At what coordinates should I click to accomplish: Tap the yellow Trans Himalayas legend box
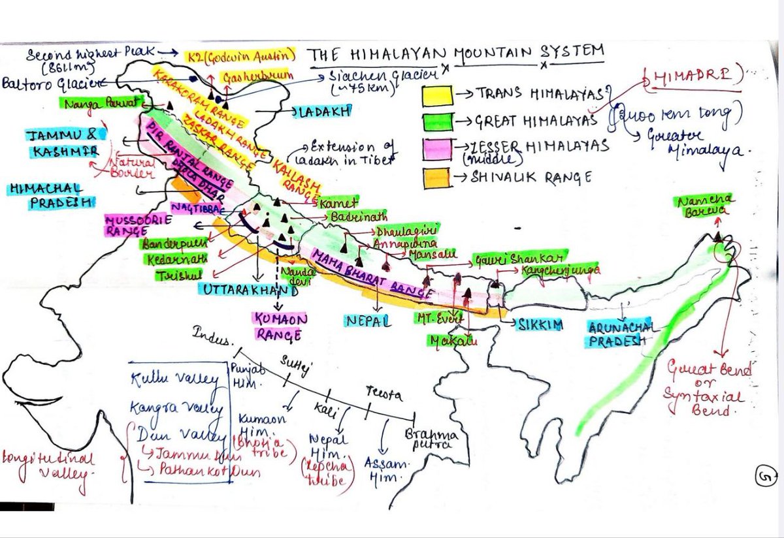(436, 95)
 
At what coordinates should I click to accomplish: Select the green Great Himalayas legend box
(436, 121)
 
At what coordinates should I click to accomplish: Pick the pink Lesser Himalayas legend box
(436, 149)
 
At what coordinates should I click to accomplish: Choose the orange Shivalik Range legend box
(436, 177)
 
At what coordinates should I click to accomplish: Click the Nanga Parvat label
(99, 103)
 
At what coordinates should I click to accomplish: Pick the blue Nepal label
(369, 320)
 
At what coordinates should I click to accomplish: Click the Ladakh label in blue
(329, 111)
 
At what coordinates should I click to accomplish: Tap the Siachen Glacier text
(365, 80)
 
